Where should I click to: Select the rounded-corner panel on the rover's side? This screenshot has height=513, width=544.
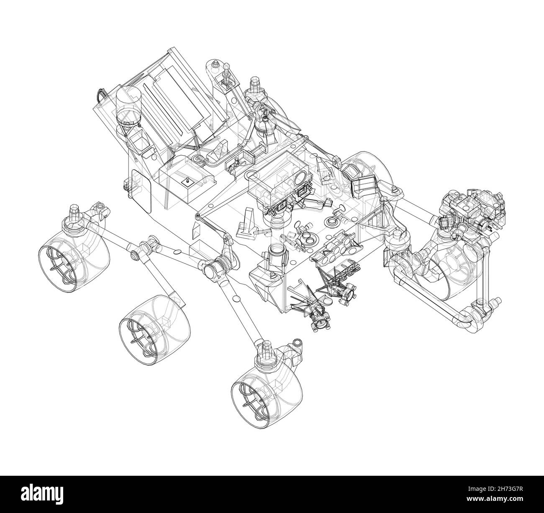141,190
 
